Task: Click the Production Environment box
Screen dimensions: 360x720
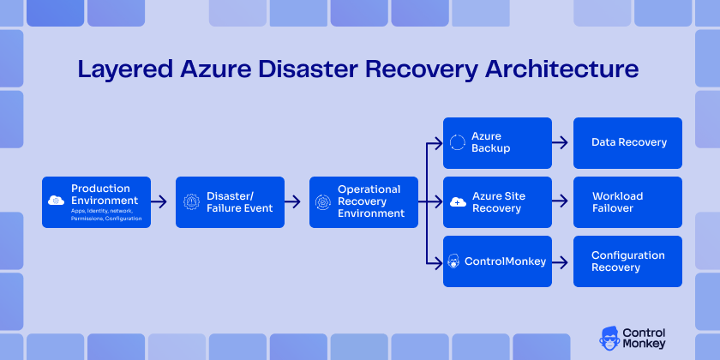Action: (96, 202)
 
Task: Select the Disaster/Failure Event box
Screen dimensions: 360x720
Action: (229, 202)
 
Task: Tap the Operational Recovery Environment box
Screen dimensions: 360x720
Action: (363, 202)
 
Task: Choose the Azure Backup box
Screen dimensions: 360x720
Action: (497, 142)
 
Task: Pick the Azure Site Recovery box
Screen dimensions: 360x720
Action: (497, 202)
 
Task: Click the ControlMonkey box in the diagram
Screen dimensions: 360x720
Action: (497, 261)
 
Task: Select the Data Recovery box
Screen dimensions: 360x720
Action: (629, 142)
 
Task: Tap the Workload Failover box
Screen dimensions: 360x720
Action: (629, 202)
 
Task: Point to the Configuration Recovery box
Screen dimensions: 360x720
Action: (629, 261)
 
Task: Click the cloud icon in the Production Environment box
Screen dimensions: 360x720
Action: (57, 201)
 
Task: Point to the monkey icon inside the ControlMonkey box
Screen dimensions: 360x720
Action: (456, 261)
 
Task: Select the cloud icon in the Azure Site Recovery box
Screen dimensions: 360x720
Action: (457, 202)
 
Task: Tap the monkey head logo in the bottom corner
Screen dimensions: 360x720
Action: (612, 338)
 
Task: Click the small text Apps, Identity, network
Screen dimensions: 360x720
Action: (101, 212)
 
